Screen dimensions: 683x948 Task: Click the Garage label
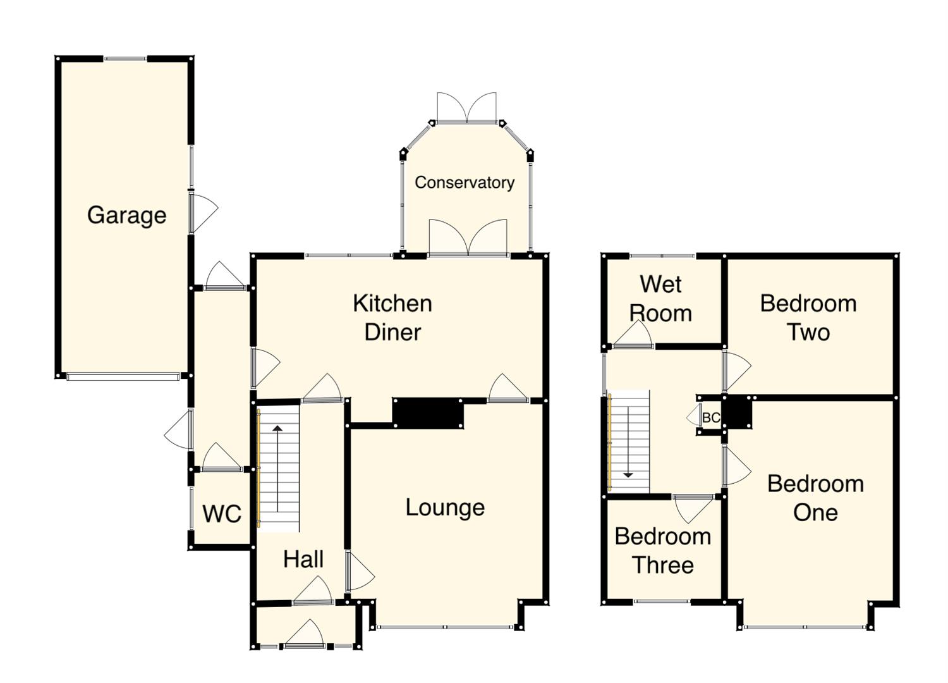126,215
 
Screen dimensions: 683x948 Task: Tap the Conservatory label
465,183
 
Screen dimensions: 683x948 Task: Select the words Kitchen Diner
392,317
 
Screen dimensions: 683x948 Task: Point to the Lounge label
445,507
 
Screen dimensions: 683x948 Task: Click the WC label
222,514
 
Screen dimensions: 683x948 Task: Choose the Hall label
303,559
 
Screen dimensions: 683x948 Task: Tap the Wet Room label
660,298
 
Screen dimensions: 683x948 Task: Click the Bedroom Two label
808,317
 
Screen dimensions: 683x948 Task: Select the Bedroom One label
815,498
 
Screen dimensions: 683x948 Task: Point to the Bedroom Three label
663,550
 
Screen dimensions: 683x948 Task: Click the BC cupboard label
711,418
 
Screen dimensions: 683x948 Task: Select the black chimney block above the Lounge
428,413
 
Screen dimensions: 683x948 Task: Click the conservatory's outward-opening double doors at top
466,109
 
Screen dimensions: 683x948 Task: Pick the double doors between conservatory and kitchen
468,239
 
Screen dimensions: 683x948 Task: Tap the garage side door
202,212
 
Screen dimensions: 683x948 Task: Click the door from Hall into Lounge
359,573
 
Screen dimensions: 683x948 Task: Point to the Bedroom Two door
735,371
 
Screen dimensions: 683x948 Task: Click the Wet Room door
633,335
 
